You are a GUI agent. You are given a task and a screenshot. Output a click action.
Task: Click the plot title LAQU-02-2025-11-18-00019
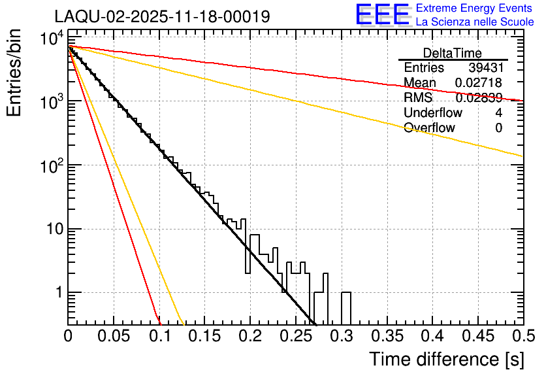[x=162, y=16]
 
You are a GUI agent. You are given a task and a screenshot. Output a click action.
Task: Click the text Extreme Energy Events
[x=475, y=8]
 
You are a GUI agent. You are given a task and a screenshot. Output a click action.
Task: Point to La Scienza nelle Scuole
[x=475, y=22]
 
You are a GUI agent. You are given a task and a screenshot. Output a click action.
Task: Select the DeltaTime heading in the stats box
[x=453, y=53]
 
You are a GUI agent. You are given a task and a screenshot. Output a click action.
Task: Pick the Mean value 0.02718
[x=478, y=83]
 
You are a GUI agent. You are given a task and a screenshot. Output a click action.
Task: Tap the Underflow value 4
[x=498, y=113]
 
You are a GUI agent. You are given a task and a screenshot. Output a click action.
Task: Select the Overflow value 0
[x=498, y=128]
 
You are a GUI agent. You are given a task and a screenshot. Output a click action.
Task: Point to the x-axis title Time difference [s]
[x=447, y=359]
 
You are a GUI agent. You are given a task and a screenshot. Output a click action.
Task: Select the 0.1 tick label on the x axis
[x=159, y=337]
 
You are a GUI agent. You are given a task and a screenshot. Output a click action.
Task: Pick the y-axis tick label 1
[x=57, y=293]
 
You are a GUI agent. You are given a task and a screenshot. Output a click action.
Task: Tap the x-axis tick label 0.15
[x=204, y=337]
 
